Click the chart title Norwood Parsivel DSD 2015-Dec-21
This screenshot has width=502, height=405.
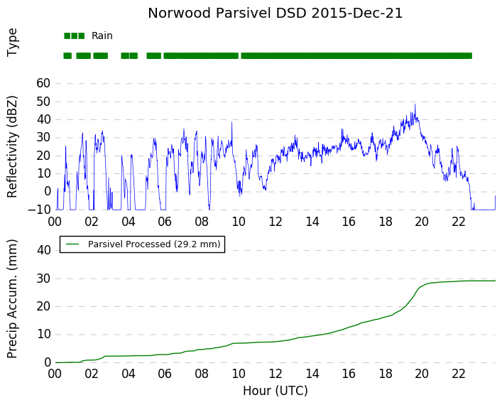(275, 13)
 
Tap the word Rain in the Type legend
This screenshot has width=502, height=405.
(102, 36)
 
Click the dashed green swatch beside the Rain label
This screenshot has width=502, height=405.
(75, 36)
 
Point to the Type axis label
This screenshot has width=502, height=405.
(12, 43)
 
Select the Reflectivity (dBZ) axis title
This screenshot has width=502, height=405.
(12, 147)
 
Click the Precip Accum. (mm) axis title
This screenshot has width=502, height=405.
(12, 298)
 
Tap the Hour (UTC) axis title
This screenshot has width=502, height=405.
(275, 391)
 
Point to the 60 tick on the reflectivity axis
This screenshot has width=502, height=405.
(43, 83)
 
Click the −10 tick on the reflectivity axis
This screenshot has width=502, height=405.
(39, 210)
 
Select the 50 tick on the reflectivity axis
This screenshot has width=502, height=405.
(43, 102)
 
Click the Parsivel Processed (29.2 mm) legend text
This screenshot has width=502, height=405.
(154, 244)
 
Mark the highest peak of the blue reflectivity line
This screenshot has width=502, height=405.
(415, 104)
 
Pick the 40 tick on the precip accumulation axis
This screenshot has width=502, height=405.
(44, 250)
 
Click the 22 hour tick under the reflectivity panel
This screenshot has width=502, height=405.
(459, 222)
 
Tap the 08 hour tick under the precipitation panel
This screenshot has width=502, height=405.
(202, 374)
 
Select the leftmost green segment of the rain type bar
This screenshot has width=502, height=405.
(67, 55)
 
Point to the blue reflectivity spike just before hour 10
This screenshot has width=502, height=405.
(231, 122)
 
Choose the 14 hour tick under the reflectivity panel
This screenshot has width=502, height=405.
(312, 222)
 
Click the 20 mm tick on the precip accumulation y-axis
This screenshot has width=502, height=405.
(44, 306)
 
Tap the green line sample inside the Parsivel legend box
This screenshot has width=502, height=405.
(72, 244)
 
